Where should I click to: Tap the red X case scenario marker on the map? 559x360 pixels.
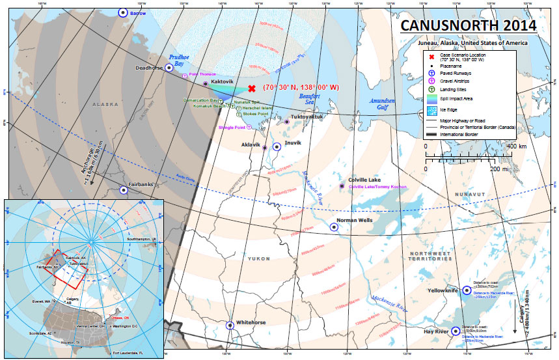point(252,87)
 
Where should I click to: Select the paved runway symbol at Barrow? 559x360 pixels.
point(122,12)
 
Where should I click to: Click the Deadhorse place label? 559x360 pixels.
point(148,67)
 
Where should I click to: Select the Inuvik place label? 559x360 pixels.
point(293,143)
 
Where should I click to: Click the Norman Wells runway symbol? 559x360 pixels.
point(334,227)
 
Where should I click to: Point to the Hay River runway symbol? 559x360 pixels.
point(455,331)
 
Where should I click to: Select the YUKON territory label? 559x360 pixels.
point(258,258)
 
